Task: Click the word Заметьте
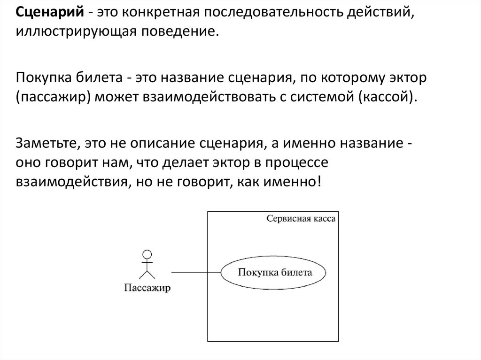(44, 142)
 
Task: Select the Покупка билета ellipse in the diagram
(274, 272)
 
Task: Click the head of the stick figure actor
(147, 255)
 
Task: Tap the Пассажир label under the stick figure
(147, 287)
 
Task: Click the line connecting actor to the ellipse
(196, 272)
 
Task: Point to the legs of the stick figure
(147, 276)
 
